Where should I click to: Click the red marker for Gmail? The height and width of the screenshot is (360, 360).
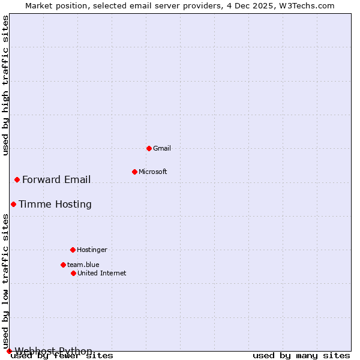tap(149, 148)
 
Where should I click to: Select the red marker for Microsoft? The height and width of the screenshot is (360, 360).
tap(134, 172)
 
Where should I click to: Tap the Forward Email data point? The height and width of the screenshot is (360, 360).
tap(17, 179)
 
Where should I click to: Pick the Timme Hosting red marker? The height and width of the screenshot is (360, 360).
tap(13, 204)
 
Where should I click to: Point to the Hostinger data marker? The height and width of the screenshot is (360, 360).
tap(73, 250)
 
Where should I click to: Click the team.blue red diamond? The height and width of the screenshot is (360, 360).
tap(63, 265)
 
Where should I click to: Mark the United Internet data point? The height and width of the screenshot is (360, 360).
tap(73, 273)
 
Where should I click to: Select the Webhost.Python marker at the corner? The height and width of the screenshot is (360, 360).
tap(9, 351)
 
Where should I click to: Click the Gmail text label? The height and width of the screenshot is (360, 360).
tap(162, 148)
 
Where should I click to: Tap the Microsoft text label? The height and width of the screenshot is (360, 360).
tap(153, 172)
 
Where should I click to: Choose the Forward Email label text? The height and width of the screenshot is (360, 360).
tap(56, 179)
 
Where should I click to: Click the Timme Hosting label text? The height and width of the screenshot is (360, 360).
tap(55, 204)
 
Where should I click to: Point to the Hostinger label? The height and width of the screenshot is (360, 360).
tap(92, 250)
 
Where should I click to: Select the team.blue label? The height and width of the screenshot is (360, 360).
tap(83, 265)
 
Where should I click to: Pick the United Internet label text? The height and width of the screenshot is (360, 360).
tap(102, 273)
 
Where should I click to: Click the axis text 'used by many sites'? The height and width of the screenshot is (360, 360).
tap(301, 355)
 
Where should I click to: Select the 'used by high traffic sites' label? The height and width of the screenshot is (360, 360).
tap(5, 85)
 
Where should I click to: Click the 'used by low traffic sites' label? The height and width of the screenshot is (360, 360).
tap(5, 281)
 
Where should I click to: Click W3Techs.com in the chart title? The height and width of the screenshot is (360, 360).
tap(307, 5)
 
